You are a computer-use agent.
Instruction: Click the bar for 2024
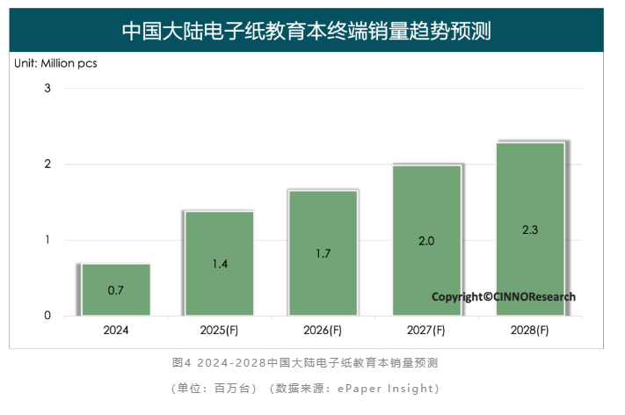coord(116,289)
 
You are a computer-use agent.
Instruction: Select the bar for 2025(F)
coord(219,263)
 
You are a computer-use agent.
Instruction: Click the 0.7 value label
coord(116,289)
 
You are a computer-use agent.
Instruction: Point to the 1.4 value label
coord(219,264)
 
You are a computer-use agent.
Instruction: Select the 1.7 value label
coord(323,253)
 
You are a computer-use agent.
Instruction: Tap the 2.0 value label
coord(426,240)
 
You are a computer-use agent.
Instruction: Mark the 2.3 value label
coord(529,229)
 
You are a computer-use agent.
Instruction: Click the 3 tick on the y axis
coord(48,88)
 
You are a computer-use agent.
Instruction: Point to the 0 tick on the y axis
coord(48,316)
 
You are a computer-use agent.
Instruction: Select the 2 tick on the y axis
coord(48,164)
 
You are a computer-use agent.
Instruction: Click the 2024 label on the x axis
coord(116,331)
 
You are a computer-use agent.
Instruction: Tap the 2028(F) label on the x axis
coord(529,331)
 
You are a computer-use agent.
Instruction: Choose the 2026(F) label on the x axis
coord(323,331)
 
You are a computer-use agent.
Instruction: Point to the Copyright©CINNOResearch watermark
coord(504,297)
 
